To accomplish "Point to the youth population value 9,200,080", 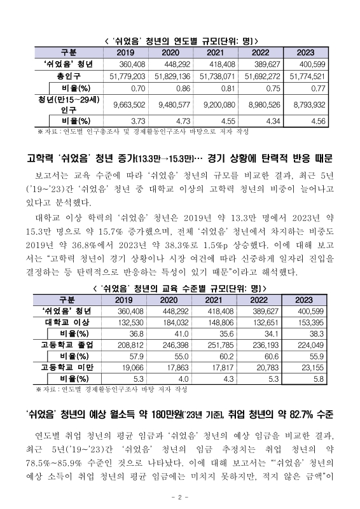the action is [x=221, y=103].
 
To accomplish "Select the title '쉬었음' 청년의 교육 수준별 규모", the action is [x=180, y=288].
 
